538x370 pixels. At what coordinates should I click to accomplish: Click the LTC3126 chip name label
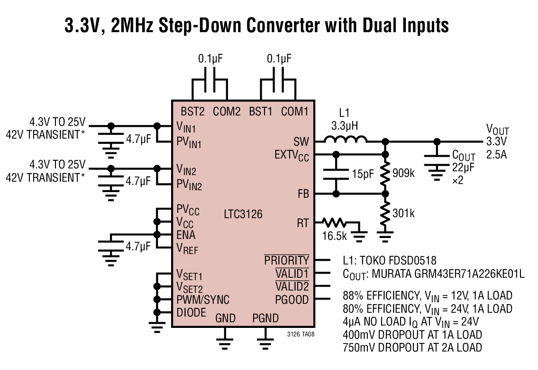243,214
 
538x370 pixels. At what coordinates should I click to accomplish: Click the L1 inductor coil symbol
345,139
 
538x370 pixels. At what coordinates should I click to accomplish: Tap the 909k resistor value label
403,173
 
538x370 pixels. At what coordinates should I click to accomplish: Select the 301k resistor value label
403,213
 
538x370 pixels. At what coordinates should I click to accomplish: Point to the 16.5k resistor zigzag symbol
334,223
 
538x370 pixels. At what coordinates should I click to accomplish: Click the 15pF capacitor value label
363,174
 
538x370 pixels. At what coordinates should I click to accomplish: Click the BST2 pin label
192,111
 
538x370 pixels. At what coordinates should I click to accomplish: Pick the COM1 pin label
295,111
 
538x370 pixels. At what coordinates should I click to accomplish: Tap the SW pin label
301,141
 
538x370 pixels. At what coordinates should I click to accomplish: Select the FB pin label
303,194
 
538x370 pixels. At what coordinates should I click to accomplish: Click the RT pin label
302,223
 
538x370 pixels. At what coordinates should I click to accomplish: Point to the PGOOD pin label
292,300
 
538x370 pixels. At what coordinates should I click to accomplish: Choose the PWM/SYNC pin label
203,300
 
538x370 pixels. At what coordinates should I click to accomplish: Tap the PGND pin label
265,318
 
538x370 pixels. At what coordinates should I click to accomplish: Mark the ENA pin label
186,235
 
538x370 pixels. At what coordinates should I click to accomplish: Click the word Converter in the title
283,26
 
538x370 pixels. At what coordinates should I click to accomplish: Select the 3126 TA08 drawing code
301,334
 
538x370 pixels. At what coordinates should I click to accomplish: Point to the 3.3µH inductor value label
345,126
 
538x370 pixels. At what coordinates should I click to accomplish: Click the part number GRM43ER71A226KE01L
448,274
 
